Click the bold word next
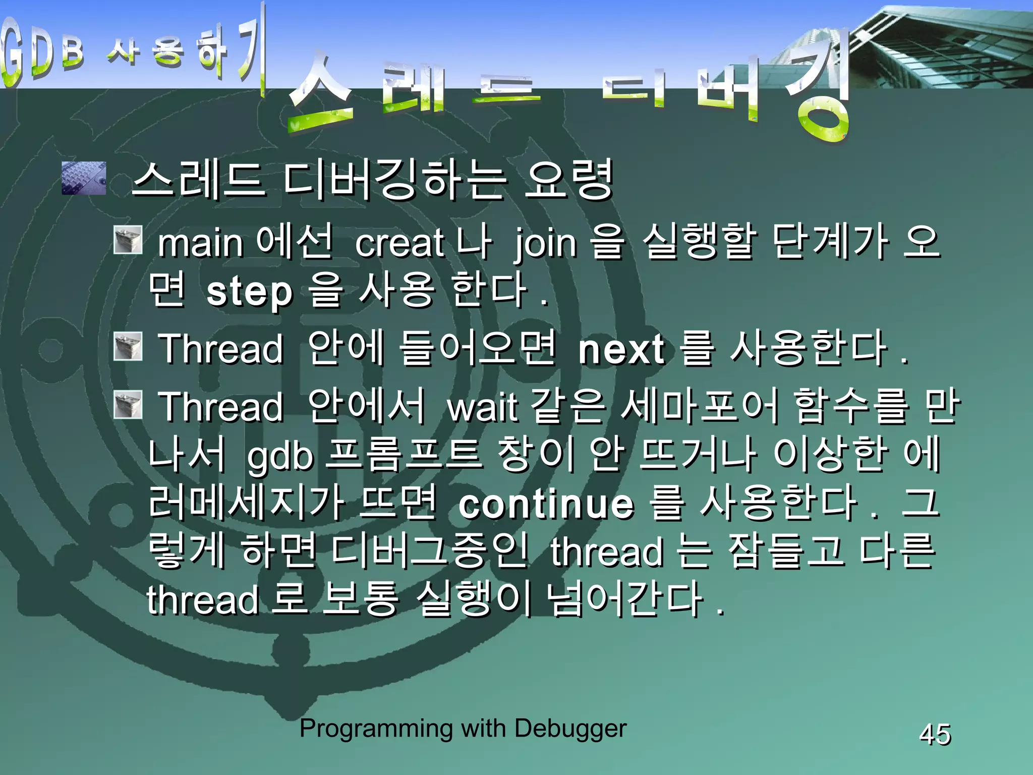point(621,349)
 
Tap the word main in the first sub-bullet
point(201,243)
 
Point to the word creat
point(399,243)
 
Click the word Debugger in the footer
point(570,729)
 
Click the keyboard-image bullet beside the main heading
point(84,178)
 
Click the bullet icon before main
point(128,240)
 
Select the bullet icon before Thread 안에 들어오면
point(128,346)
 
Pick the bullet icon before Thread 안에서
point(128,405)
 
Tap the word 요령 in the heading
point(568,180)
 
